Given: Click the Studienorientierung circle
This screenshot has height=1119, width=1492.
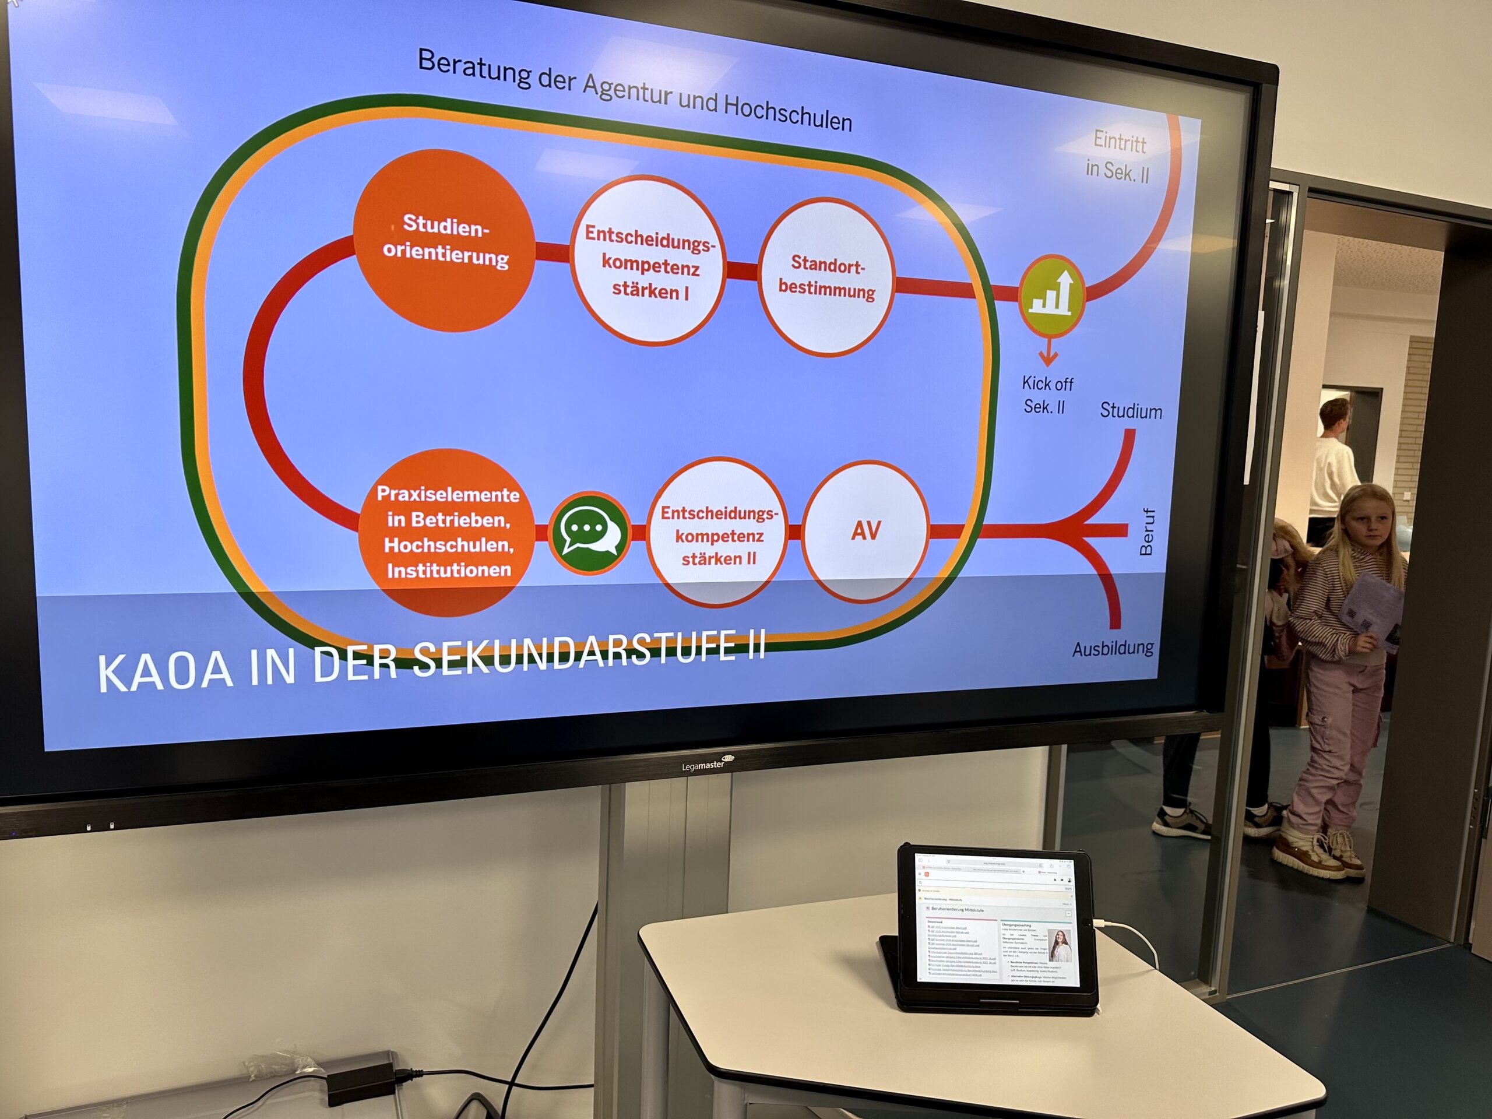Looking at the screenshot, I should pyautogui.click(x=445, y=241).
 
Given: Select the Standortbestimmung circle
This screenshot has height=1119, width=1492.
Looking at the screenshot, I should pyautogui.click(x=826, y=277).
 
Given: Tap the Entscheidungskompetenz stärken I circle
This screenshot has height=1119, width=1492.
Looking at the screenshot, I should pyautogui.click(x=649, y=261).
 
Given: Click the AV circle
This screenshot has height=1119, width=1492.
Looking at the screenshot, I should pyautogui.click(x=866, y=531).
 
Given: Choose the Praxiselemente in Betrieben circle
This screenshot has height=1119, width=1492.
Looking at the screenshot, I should pyautogui.click(x=447, y=532).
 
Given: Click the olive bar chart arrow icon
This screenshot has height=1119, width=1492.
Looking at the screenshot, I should pyautogui.click(x=1051, y=295).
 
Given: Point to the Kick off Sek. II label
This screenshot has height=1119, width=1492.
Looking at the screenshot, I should pyautogui.click(x=1046, y=395).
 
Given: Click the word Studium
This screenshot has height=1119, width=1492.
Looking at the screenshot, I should pyautogui.click(x=1131, y=411).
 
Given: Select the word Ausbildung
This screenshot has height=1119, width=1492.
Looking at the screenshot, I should pyautogui.click(x=1113, y=648).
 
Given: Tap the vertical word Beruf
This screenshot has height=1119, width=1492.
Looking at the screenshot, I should pyautogui.click(x=1146, y=532).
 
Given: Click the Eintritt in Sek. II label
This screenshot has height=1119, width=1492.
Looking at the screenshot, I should pyautogui.click(x=1118, y=156).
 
